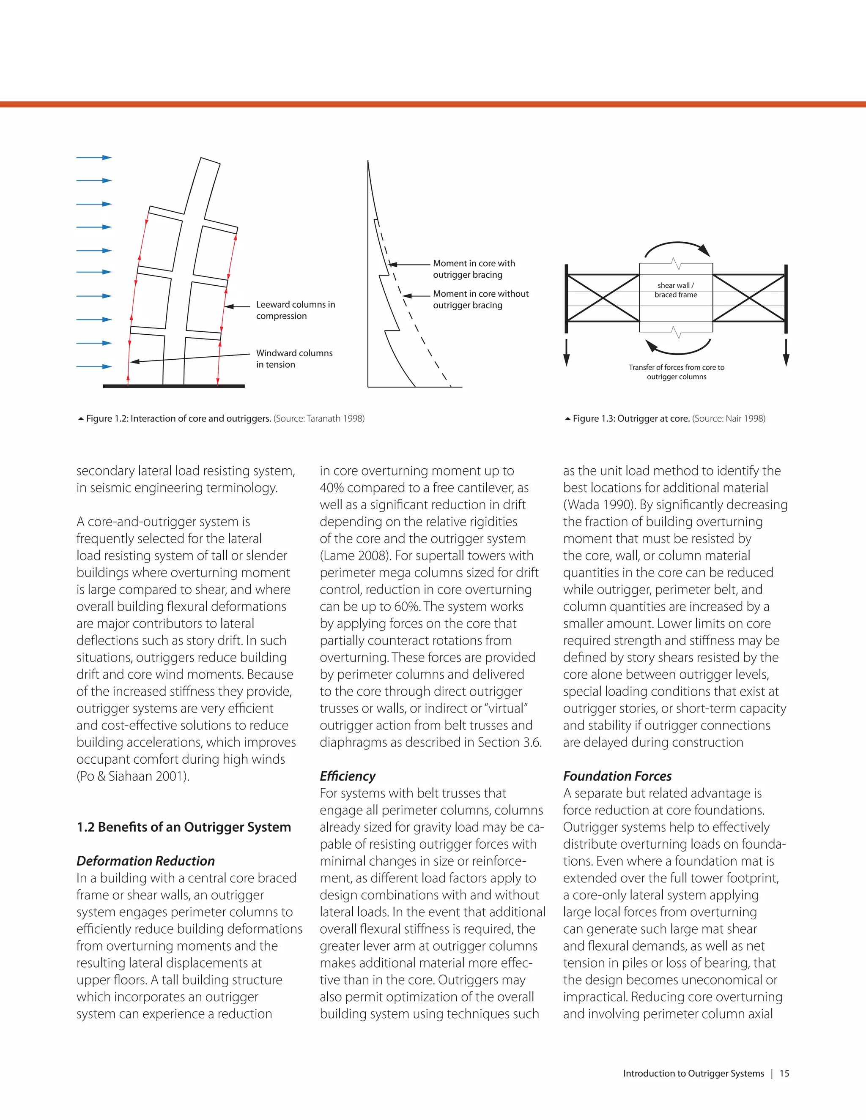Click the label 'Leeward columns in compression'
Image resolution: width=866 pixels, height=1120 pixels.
pos(295,310)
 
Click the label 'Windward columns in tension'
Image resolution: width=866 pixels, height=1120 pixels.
pos(294,359)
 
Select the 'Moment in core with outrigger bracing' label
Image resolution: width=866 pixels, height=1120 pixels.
pos(474,269)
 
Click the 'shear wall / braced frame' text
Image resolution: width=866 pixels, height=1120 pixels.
pos(676,290)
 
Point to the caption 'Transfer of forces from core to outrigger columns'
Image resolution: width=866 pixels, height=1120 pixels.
pos(676,372)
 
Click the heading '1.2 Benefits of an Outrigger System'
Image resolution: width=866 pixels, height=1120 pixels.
pos(184,827)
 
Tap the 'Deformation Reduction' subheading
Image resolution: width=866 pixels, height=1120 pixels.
pos(146,861)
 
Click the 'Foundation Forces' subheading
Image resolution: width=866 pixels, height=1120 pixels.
pos(617,776)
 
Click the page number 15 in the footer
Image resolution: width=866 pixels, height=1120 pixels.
pos(784,1074)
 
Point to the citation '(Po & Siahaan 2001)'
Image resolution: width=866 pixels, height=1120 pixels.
pos(133,776)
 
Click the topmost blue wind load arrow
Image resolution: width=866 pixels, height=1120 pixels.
pos(94,158)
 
